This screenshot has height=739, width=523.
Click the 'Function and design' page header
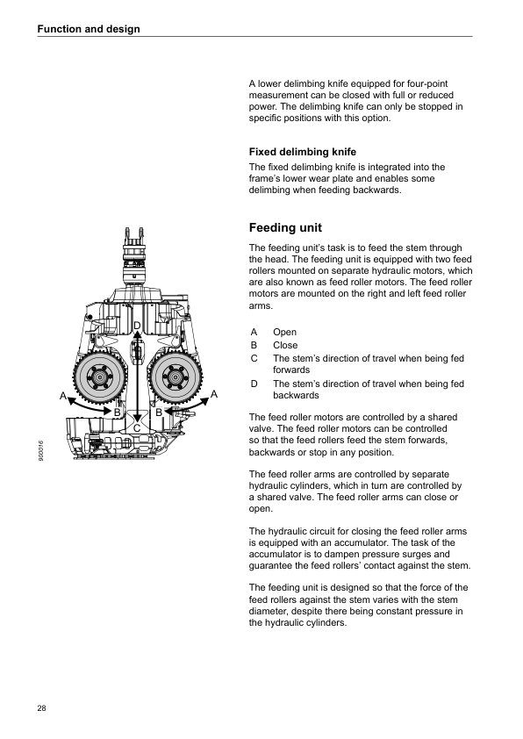pyautogui.click(x=89, y=29)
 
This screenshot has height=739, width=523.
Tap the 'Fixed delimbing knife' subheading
pyautogui.click(x=303, y=152)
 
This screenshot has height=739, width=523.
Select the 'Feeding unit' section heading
pyautogui.click(x=285, y=227)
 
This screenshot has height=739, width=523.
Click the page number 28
pyautogui.click(x=41, y=708)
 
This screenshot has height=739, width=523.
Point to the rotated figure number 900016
pyautogui.click(x=41, y=451)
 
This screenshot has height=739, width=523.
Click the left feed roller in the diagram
pyautogui.click(x=100, y=377)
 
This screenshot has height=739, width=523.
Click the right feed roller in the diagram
pyautogui.click(x=175, y=377)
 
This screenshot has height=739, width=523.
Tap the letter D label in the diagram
pyautogui.click(x=137, y=326)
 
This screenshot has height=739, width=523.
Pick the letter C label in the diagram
pyautogui.click(x=137, y=428)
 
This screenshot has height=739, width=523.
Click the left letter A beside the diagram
pyautogui.click(x=62, y=396)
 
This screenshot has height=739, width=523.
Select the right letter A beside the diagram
pyautogui.click(x=214, y=394)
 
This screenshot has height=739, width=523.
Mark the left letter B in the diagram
pyautogui.click(x=118, y=413)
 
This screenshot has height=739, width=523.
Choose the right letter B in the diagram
pyautogui.click(x=159, y=413)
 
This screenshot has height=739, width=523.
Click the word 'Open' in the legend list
pyautogui.click(x=284, y=333)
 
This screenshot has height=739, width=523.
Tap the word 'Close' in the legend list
pyautogui.click(x=285, y=345)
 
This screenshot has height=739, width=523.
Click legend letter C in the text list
pyautogui.click(x=254, y=358)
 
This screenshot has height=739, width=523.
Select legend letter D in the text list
pyautogui.click(x=254, y=384)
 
